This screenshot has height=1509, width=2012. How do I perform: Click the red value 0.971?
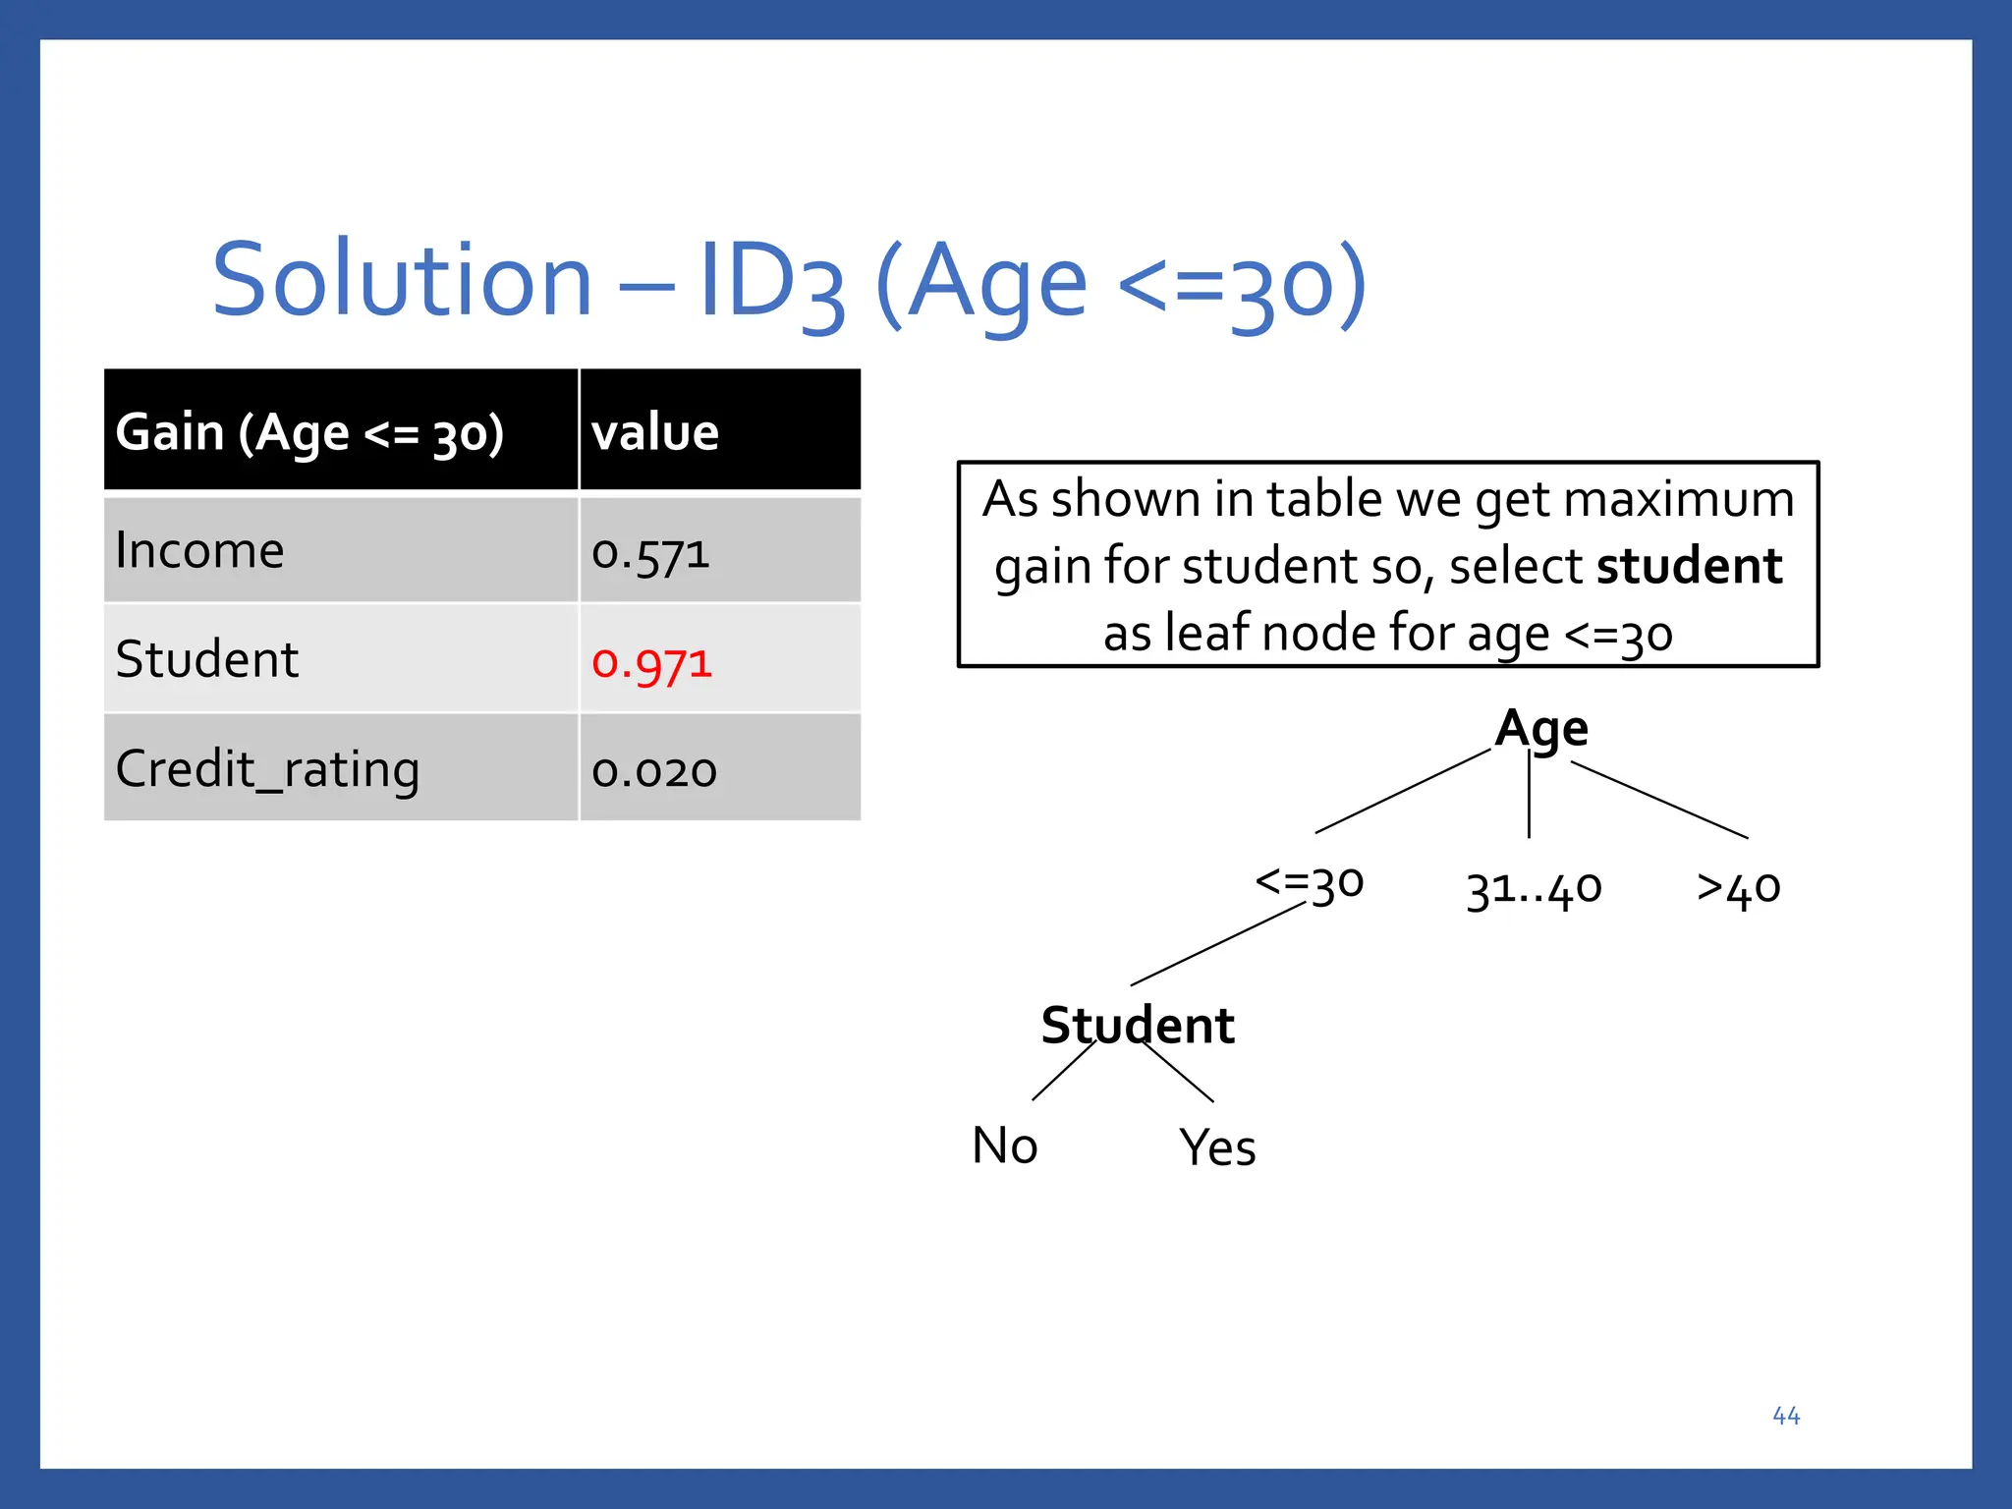[x=651, y=662]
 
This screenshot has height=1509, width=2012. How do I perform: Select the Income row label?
[x=199, y=550]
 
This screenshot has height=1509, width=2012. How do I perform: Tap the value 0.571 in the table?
[x=650, y=553]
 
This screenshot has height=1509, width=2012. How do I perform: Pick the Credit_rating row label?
[x=267, y=769]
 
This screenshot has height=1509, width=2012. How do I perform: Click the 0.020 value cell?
[x=654, y=771]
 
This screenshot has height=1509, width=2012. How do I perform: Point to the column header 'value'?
[x=655, y=432]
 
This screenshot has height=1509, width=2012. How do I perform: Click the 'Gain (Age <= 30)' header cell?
[x=309, y=432]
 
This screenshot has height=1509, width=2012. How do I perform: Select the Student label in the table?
[x=206, y=659]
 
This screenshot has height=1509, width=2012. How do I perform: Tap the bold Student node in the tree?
[x=1137, y=1026]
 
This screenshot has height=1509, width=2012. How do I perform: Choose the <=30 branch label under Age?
[x=1309, y=882]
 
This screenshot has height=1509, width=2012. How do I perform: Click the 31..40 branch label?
[x=1534, y=889]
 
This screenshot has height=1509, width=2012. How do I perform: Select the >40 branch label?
[x=1738, y=887]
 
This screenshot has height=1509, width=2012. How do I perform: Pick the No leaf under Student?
[x=1004, y=1146]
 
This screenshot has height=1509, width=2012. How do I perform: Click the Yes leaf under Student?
[x=1217, y=1147]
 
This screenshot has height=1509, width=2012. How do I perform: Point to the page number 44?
[x=1786, y=1416]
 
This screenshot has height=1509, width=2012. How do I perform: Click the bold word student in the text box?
[x=1689, y=567]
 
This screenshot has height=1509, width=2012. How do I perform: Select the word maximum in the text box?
[x=1679, y=499]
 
